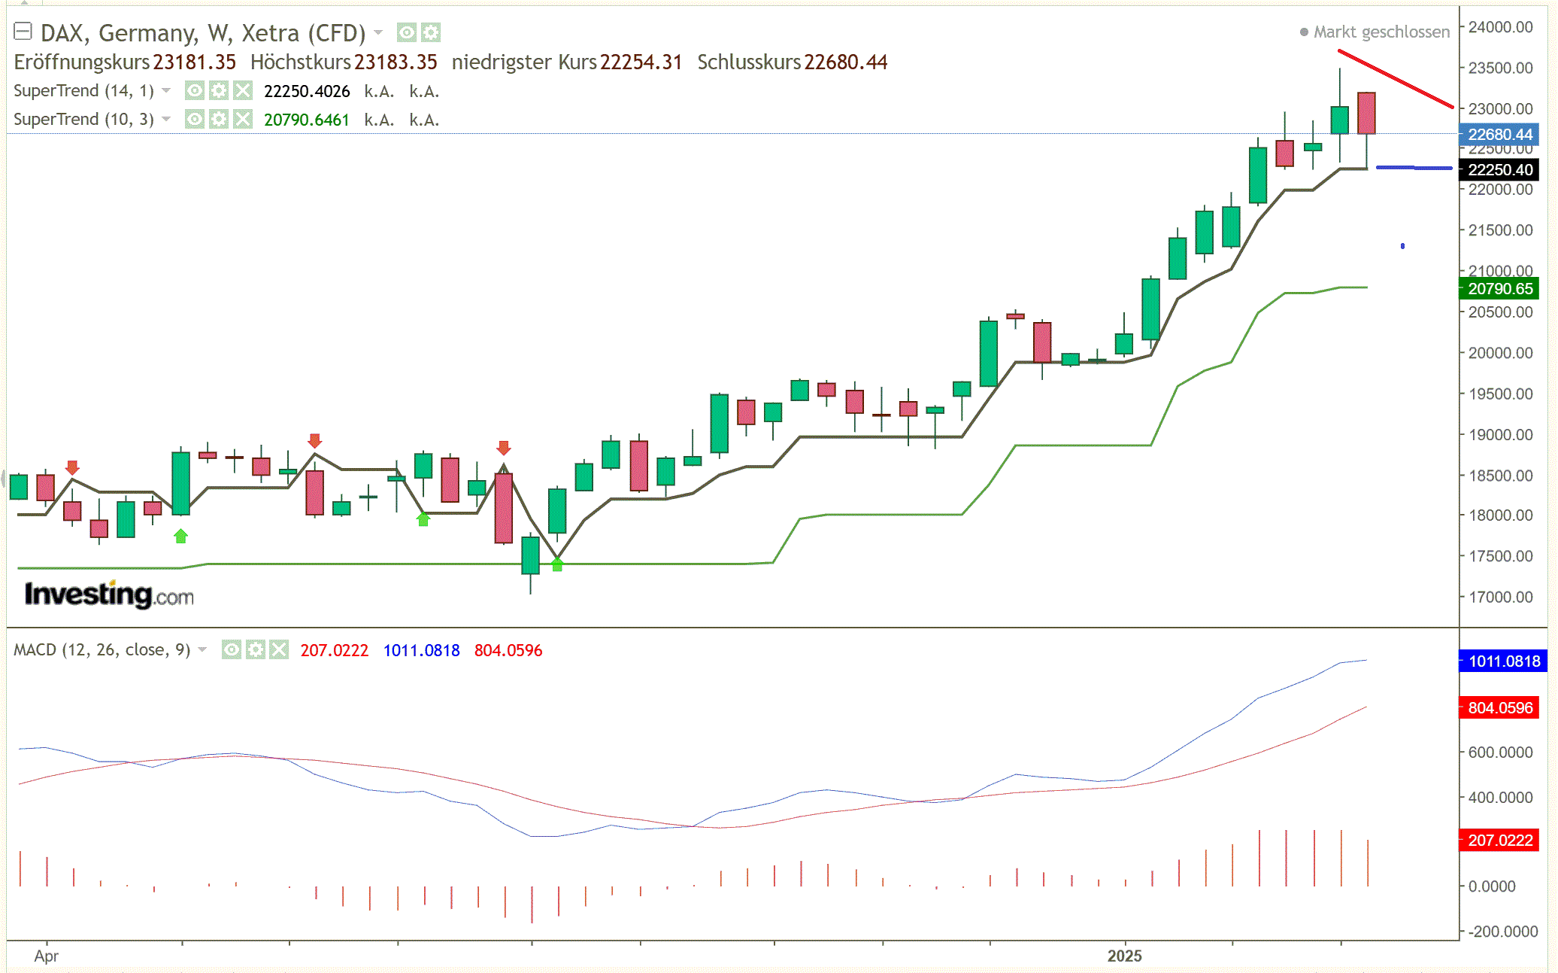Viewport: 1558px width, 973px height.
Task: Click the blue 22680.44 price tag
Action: click(x=1499, y=135)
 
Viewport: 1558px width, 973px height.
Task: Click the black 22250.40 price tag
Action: click(x=1499, y=170)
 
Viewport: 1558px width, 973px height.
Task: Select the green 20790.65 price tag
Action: click(x=1499, y=289)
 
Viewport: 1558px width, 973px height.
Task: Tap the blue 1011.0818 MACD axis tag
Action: click(x=1503, y=661)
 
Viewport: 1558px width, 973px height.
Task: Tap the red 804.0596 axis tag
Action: click(x=1499, y=708)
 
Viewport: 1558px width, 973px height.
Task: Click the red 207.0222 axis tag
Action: click(x=1499, y=841)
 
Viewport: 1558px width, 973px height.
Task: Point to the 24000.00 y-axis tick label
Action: click(x=1500, y=27)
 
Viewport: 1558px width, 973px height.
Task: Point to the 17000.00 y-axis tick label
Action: click(x=1500, y=597)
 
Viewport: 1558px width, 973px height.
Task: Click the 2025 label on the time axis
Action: click(x=1124, y=956)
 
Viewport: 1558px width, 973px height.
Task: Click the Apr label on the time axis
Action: click(x=46, y=956)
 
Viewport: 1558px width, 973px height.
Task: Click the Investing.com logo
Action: click(x=109, y=595)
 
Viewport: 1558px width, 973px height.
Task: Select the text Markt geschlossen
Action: click(x=1381, y=32)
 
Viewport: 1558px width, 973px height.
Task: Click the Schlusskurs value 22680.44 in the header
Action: click(x=845, y=62)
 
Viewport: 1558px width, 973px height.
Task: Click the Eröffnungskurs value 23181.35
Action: click(x=194, y=62)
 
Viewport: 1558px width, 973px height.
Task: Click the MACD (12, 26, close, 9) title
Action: click(x=102, y=650)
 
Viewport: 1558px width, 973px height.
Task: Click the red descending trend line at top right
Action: click(x=1396, y=79)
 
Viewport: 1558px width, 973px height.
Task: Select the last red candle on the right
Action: click(x=1366, y=114)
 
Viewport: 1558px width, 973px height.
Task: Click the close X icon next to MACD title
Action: click(x=279, y=650)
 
